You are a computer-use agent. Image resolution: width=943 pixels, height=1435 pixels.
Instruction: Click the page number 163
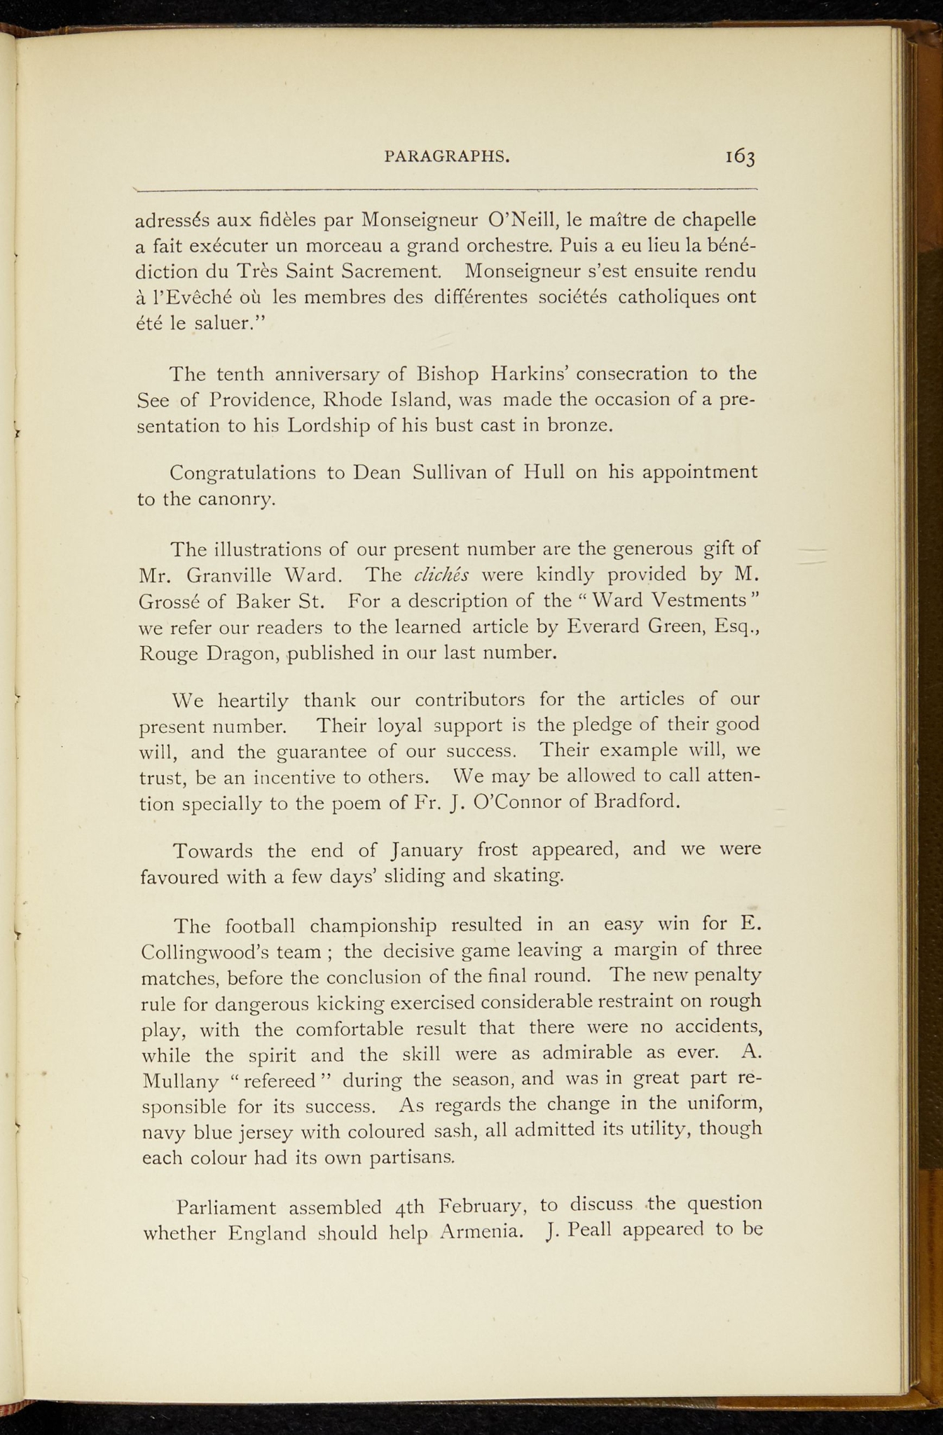740,157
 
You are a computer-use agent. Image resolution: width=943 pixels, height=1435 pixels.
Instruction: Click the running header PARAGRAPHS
447,157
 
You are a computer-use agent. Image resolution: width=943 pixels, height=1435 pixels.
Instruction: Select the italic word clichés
441,575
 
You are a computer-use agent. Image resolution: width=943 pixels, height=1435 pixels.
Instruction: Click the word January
427,851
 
